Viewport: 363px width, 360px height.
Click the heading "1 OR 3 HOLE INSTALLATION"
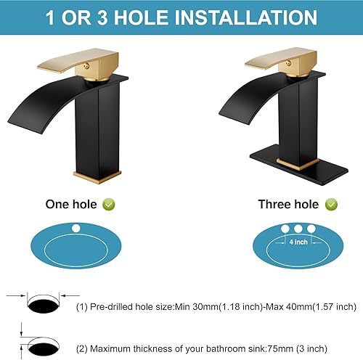(181, 17)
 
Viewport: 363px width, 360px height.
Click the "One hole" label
(70, 204)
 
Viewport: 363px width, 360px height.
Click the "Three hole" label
(287, 204)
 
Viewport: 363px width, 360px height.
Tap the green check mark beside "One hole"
(108, 205)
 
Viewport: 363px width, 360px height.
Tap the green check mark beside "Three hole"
(331, 205)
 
